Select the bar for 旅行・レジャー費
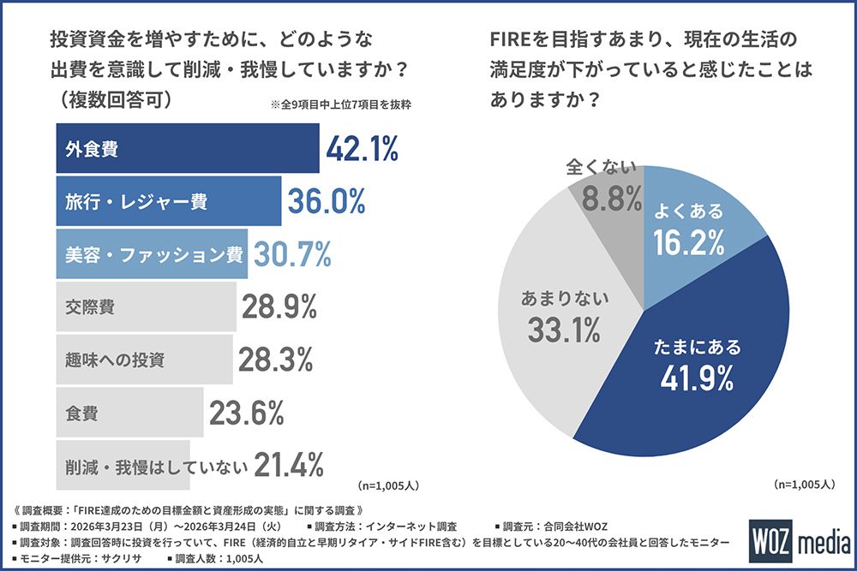[168, 202]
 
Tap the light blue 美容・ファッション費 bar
[152, 253]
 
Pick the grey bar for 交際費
[146, 306]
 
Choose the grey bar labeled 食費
[129, 413]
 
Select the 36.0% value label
[326, 202]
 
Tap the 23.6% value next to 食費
[246, 413]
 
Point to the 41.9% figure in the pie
[696, 377]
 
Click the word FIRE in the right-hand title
[513, 40]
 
